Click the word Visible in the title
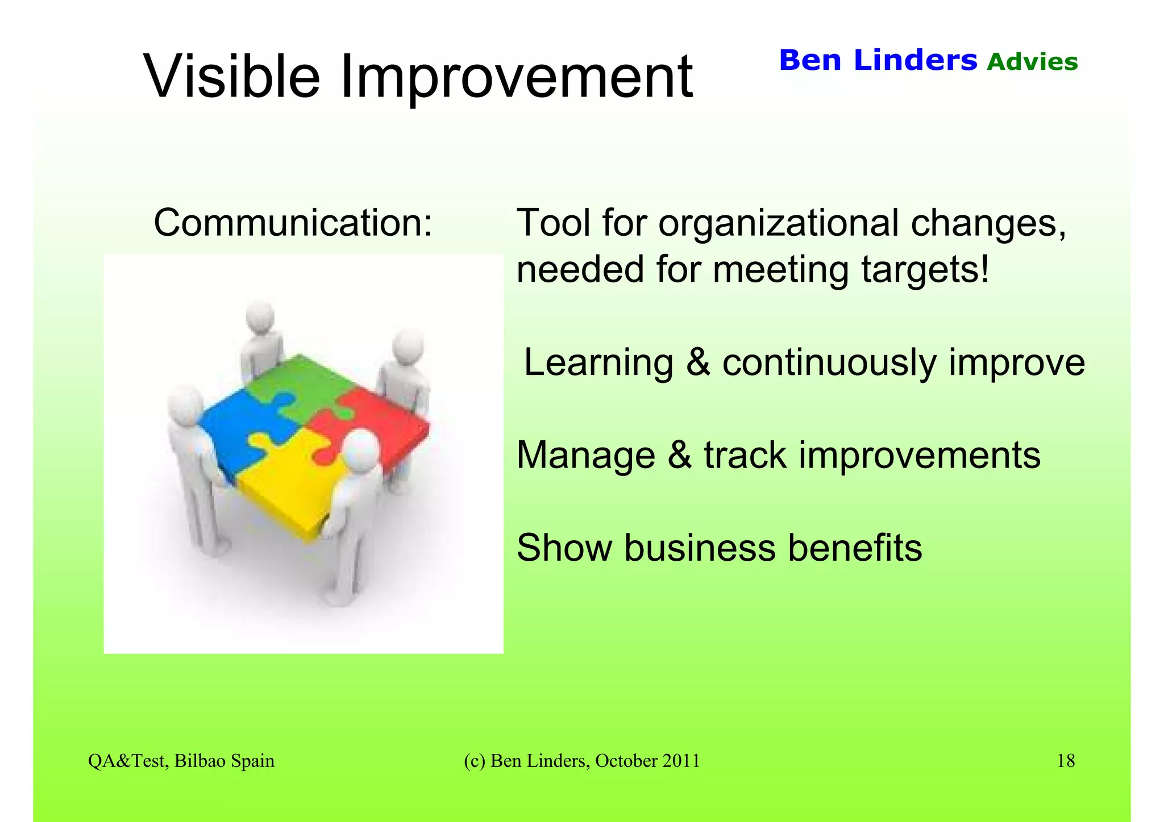(232, 77)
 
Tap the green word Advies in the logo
(1032, 62)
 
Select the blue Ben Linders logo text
(878, 60)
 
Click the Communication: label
(293, 223)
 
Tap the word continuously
(829, 362)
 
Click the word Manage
(585, 456)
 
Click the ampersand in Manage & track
(680, 456)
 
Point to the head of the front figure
(361, 449)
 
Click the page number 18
(1066, 761)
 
